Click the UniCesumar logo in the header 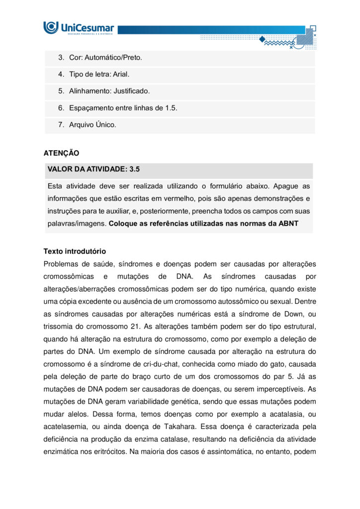(x=79, y=27)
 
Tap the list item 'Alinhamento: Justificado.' (x=109, y=91)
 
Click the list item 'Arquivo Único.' (x=92, y=125)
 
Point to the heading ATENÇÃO (x=61, y=154)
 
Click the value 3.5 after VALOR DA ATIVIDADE (x=134, y=170)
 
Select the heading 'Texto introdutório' (x=75, y=252)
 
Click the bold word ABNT (x=288, y=224)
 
